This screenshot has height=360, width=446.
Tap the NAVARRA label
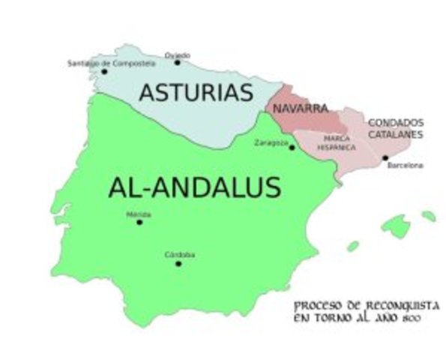(300, 108)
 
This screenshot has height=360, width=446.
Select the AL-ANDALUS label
(194, 187)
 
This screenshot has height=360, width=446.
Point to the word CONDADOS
(395, 122)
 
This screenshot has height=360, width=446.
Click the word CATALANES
(395, 134)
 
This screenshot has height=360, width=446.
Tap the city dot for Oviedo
(178, 62)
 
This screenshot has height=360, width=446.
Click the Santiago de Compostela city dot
(104, 72)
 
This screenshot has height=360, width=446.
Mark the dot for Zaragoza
(292, 148)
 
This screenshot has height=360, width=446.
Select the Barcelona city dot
(385, 157)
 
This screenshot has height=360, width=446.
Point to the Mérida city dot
(139, 222)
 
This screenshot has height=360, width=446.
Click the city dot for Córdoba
(178, 263)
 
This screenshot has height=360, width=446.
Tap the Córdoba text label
(180, 255)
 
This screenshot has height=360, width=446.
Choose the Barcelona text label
(406, 165)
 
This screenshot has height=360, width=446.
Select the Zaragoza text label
(271, 142)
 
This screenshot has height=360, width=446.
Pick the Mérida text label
(139, 214)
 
